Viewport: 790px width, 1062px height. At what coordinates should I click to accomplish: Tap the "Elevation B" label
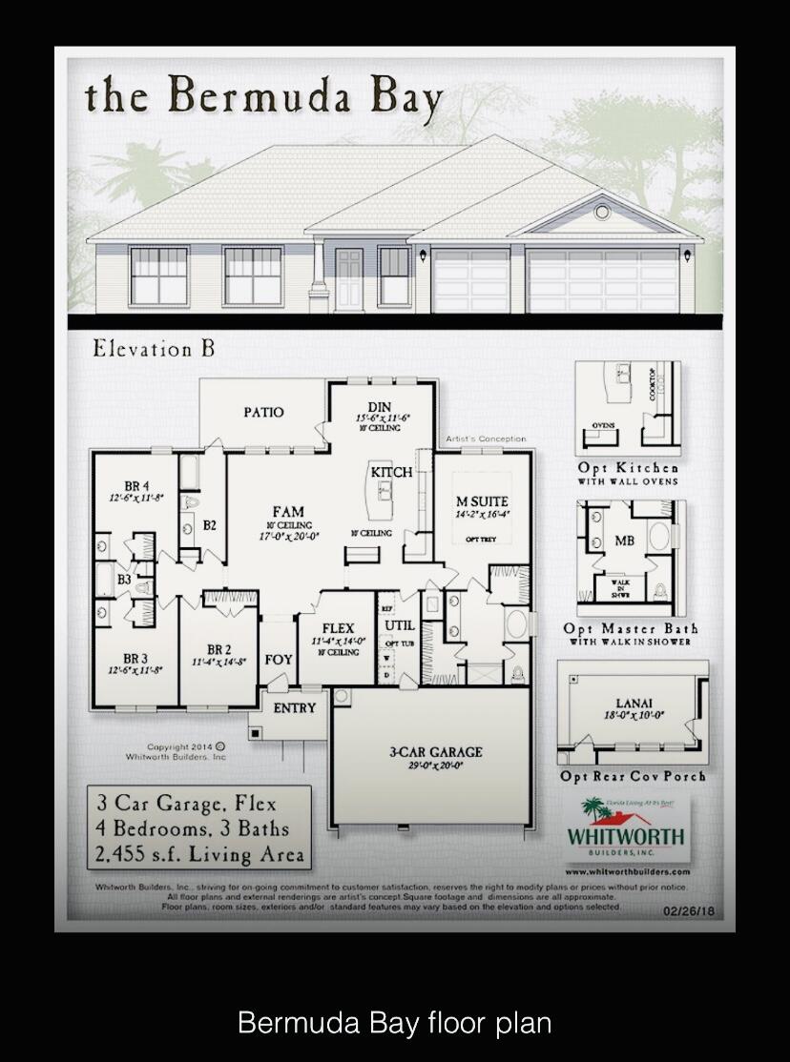coord(154,349)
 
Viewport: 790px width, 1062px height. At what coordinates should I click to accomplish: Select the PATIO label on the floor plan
coord(263,412)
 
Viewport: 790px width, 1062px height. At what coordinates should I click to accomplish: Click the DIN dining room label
coord(379,407)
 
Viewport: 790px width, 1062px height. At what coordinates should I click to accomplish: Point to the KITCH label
coord(391,472)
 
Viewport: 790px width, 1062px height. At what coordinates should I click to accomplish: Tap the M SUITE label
coord(482,501)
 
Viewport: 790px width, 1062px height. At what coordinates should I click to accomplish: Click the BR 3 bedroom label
coord(135,658)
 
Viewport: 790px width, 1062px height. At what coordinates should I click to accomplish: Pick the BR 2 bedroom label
coord(218,649)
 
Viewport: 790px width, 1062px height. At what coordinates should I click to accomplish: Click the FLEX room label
coord(338,628)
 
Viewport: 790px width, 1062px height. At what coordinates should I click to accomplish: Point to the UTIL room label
coord(398,625)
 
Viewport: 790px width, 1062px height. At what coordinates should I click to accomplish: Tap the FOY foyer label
coord(279,659)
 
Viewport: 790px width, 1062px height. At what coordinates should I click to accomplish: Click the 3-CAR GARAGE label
coord(435,751)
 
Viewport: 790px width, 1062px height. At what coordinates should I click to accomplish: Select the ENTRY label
coord(294,707)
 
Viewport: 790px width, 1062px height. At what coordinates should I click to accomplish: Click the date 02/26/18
coord(687,911)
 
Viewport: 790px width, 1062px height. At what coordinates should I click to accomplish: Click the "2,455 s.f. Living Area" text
coord(199,854)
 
